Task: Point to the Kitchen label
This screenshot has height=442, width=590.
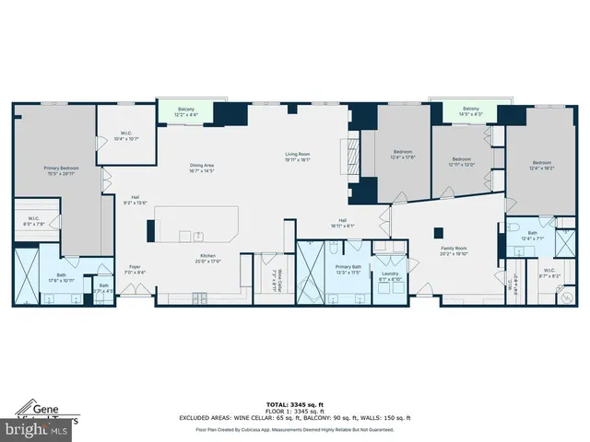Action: (x=208, y=258)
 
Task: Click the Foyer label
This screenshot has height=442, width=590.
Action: (x=135, y=269)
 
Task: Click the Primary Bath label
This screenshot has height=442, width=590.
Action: (x=348, y=269)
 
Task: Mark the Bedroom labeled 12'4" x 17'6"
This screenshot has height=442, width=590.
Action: (x=403, y=153)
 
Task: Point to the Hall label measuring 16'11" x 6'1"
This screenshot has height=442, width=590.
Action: (x=342, y=222)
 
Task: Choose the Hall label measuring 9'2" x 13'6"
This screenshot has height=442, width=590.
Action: (x=135, y=200)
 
